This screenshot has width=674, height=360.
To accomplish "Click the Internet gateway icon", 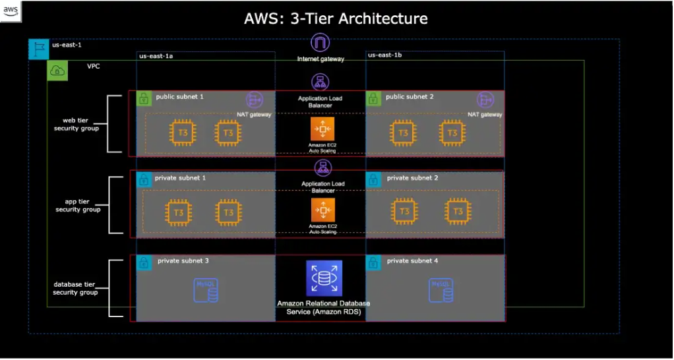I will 321,44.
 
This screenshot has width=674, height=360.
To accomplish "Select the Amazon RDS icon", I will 324,278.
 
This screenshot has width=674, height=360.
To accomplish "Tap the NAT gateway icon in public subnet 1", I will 255,100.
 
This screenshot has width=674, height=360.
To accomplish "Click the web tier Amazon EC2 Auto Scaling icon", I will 322,129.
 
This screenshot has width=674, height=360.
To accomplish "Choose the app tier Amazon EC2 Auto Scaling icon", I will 322,210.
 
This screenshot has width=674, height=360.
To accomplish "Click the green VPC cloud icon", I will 57,71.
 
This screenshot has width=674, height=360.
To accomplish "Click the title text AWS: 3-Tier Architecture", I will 336,18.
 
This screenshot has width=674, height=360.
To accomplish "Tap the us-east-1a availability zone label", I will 156,56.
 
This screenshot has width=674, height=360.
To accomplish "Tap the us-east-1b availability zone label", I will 384,55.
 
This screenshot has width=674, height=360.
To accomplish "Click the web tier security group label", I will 77,124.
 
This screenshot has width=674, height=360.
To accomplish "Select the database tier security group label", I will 75,288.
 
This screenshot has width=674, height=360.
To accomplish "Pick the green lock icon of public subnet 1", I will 144,99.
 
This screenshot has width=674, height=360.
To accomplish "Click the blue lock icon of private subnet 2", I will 373,179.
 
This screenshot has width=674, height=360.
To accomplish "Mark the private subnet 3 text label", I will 183,261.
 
